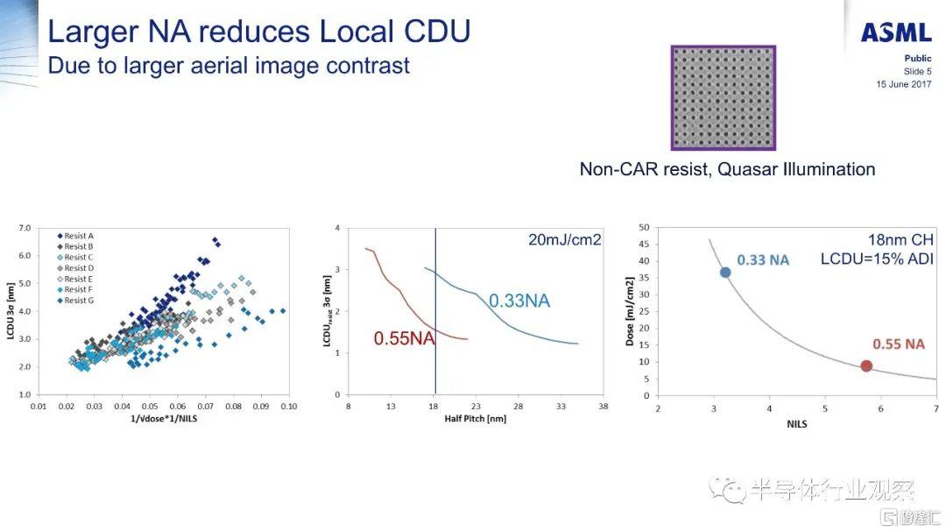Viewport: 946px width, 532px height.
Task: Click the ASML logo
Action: (x=895, y=33)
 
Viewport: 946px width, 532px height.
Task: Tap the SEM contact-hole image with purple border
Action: (x=723, y=98)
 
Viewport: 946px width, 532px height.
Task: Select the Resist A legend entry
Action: (x=79, y=236)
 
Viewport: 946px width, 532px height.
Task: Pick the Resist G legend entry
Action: (x=79, y=300)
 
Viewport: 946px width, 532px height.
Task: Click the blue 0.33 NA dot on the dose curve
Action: (x=725, y=272)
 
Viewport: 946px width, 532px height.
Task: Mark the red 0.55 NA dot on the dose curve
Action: (x=866, y=365)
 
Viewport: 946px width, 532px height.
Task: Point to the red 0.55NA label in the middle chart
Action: (x=405, y=338)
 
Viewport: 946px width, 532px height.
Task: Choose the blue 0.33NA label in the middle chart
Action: (x=519, y=301)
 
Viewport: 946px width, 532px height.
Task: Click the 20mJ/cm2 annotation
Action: (x=565, y=239)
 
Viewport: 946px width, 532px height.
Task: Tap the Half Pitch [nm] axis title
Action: (x=475, y=419)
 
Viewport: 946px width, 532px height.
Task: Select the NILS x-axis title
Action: (x=796, y=423)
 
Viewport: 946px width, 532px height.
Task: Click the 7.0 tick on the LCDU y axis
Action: (x=25, y=228)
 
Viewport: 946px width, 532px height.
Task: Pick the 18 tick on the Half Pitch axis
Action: (x=434, y=407)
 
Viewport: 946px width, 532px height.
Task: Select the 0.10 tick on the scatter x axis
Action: (x=288, y=407)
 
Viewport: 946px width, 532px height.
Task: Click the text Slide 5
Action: (x=917, y=71)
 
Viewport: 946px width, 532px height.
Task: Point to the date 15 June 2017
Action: (x=904, y=84)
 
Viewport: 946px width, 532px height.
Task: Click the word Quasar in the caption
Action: (x=746, y=169)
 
